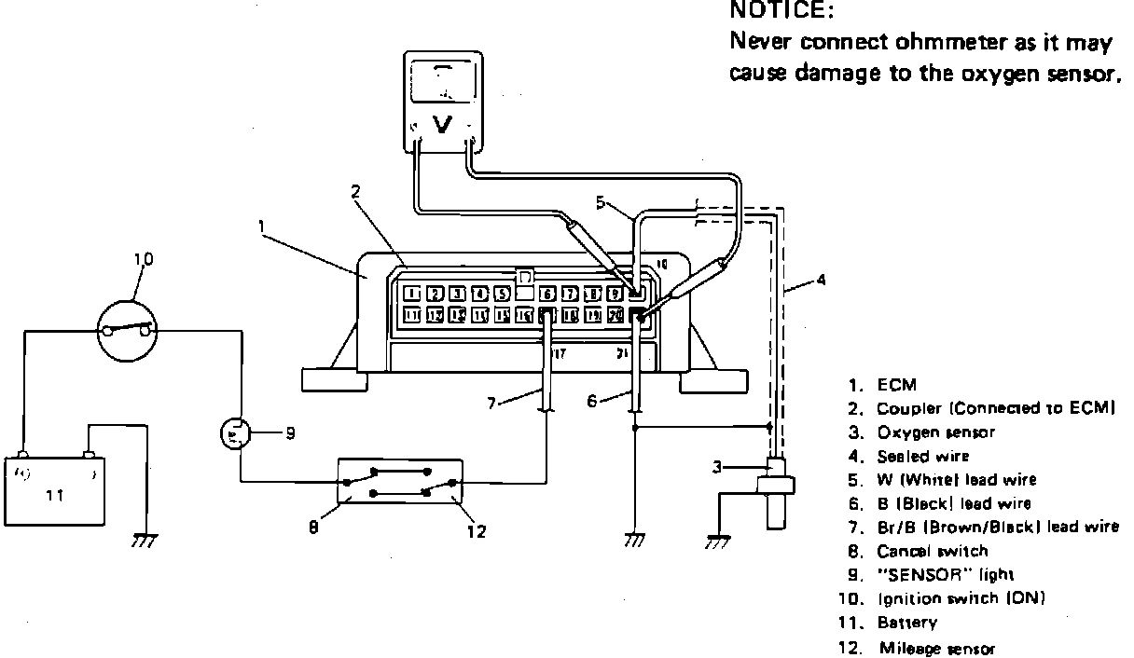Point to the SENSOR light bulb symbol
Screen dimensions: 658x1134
click(x=235, y=433)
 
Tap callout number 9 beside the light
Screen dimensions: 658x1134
click(x=290, y=433)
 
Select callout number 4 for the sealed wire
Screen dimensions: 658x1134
click(x=820, y=279)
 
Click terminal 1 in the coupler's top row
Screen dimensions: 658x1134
click(x=413, y=294)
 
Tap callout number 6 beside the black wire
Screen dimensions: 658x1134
click(x=591, y=400)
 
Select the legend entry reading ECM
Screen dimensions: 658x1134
click(x=896, y=384)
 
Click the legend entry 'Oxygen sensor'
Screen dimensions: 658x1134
click(x=935, y=432)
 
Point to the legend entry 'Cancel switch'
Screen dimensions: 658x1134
click(x=932, y=551)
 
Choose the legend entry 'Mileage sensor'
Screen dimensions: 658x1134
click(x=936, y=648)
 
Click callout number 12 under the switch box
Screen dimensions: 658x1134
click(x=477, y=531)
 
